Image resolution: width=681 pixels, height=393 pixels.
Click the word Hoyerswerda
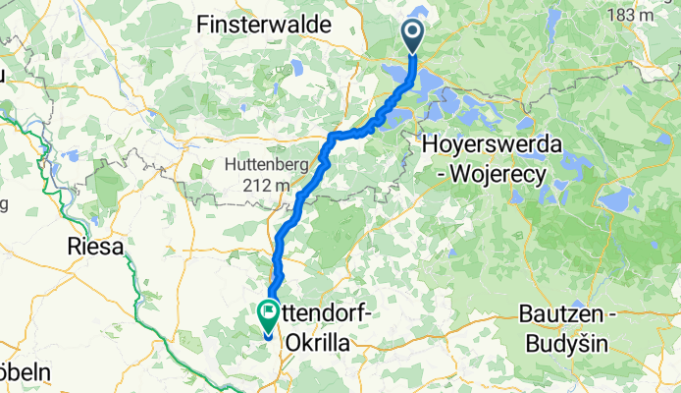(492, 143)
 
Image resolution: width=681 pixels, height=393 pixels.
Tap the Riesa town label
(97, 247)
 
